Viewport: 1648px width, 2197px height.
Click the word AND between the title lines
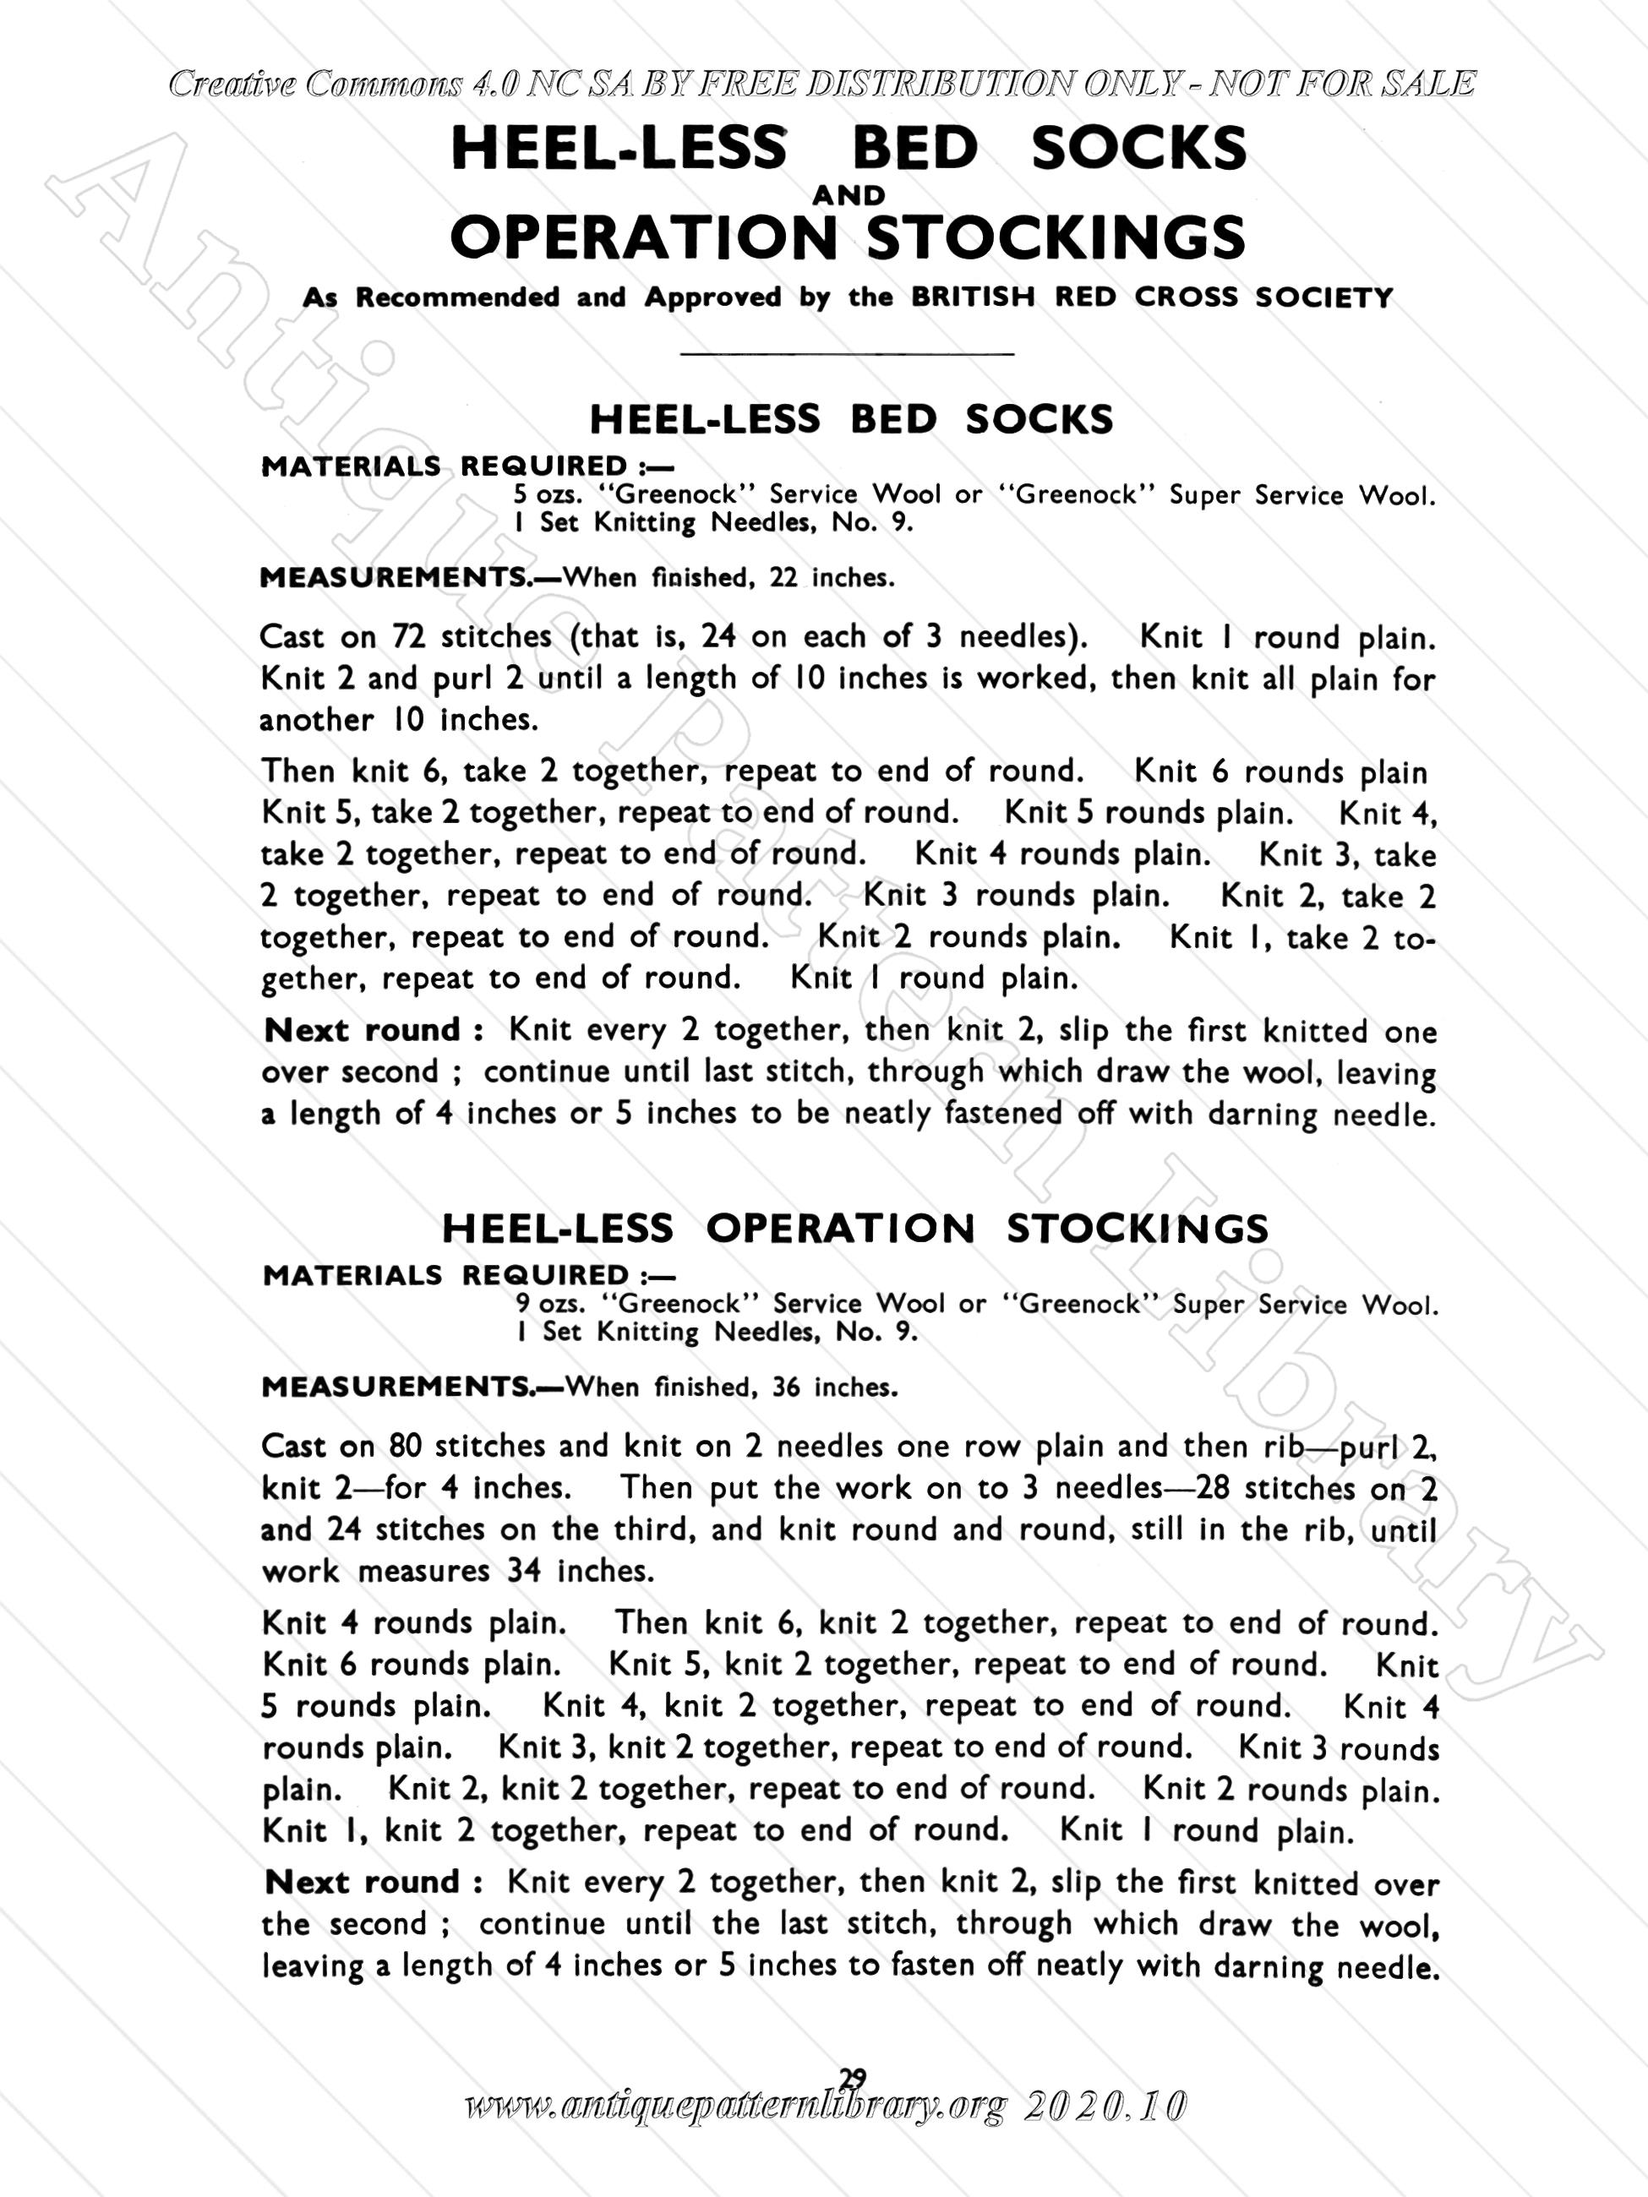pos(848,196)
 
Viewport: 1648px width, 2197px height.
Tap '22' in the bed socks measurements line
pos(783,578)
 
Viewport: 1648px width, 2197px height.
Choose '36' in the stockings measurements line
pos(786,1387)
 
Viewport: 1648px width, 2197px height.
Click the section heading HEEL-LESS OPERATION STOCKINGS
pos(854,1229)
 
